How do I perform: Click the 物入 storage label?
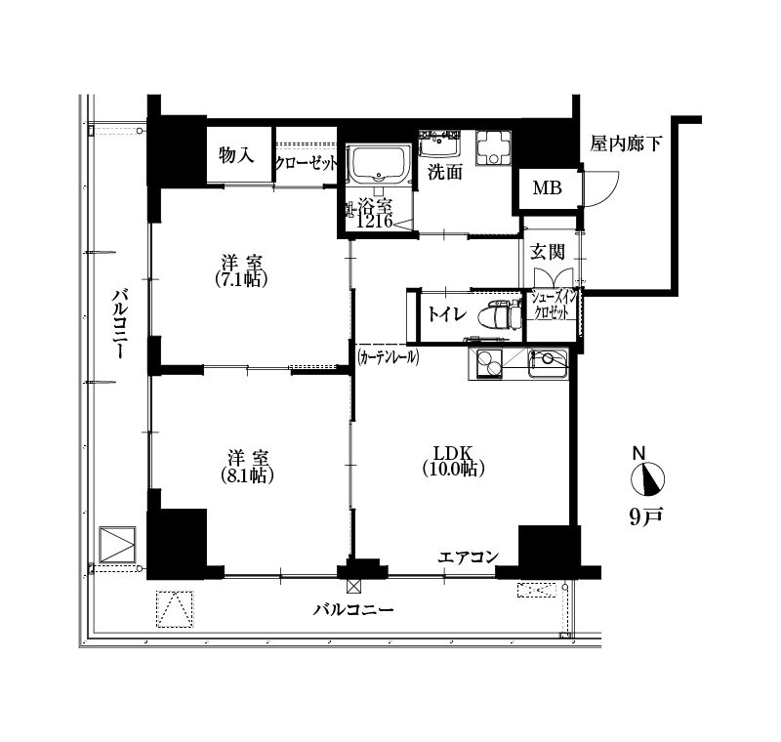(236, 155)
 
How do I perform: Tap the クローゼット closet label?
(307, 163)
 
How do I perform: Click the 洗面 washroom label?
(445, 172)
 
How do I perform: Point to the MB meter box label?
(548, 188)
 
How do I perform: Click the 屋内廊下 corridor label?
(626, 144)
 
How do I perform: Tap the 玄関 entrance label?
(547, 252)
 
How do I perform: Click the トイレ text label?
(447, 314)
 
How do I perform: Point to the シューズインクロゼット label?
(553, 306)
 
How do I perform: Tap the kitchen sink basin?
(548, 364)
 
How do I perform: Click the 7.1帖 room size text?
(242, 280)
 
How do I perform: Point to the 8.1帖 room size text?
(248, 476)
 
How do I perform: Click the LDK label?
(452, 453)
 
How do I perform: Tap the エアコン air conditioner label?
(469, 556)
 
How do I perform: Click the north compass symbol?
(647, 479)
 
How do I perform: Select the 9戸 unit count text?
(646, 517)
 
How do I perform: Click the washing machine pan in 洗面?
(493, 147)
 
